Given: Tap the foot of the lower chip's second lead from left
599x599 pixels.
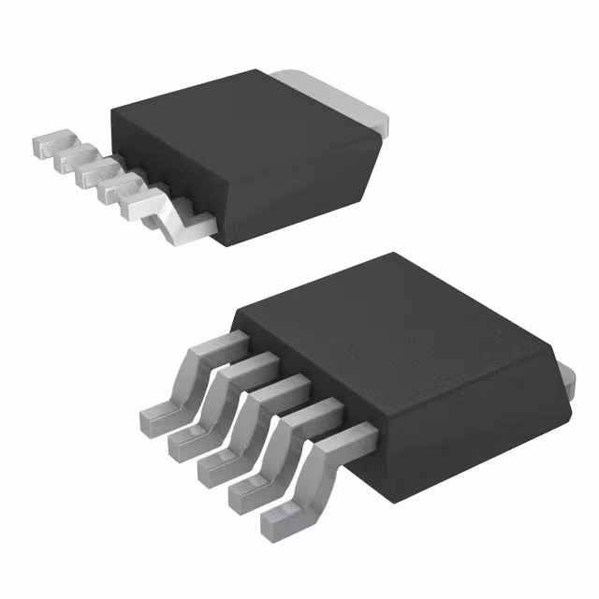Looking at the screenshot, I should click(x=184, y=444).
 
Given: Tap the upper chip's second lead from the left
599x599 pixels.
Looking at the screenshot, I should click(x=69, y=160).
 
